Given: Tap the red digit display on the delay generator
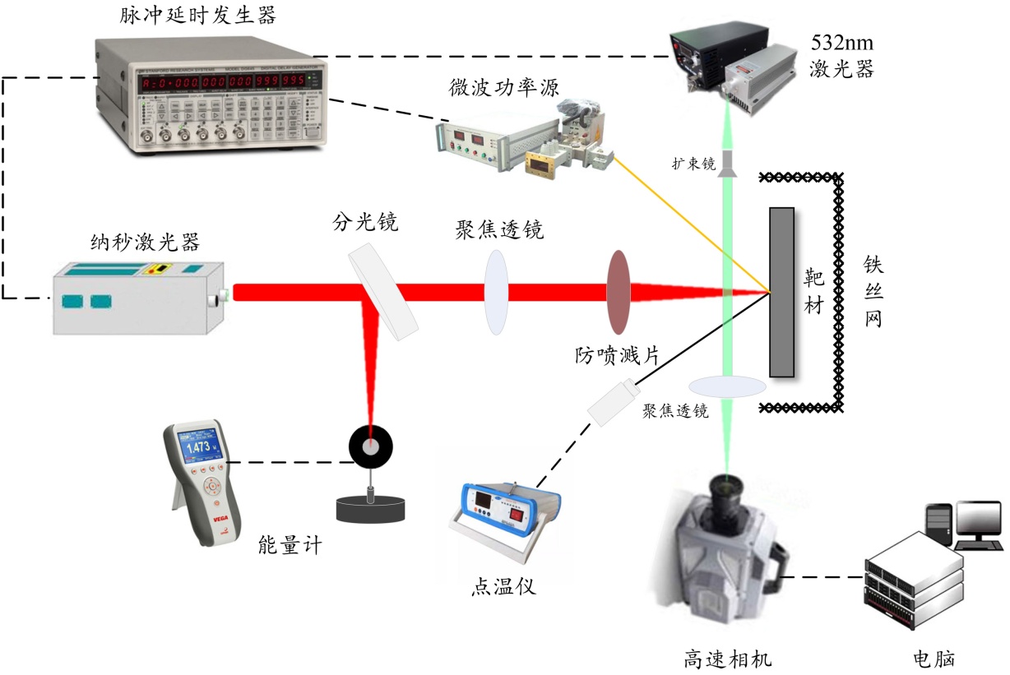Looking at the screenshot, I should coord(234,82).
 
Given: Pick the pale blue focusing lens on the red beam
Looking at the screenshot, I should coord(495,292).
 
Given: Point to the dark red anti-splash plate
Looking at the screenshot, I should coord(618,292).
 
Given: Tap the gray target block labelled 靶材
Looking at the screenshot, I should coord(781,292).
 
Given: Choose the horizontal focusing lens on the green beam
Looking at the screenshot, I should coord(728,386).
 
